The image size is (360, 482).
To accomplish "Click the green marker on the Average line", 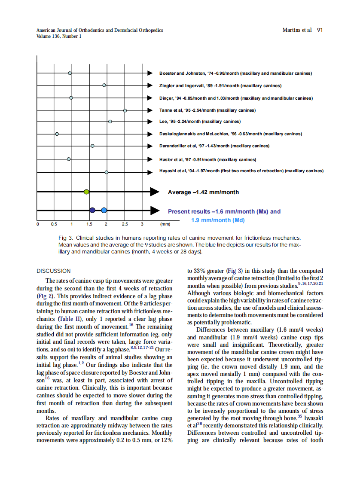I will pos(86,192).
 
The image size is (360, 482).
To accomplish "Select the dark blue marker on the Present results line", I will pos(92,210).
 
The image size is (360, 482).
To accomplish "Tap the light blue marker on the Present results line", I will pos(104,210).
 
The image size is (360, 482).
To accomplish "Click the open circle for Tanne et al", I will pos(125,110).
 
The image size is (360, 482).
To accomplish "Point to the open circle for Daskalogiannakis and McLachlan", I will pos(57,134).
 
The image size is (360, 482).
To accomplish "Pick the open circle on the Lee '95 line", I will pos(110,122).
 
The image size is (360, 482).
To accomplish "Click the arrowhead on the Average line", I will pos(155,192).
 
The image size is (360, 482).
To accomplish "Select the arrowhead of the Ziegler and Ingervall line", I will pos(150,85).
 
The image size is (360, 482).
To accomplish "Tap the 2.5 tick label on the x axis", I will pos(125,224).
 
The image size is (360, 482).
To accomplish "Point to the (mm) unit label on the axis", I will pos(165,224).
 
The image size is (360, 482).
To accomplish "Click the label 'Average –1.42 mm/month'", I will pos(203,192).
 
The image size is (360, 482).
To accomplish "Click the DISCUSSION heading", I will pos(53,271).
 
